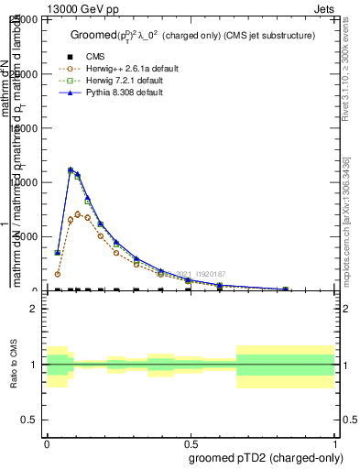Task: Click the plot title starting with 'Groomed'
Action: point(192,35)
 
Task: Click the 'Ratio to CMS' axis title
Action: point(15,365)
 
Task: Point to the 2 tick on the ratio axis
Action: point(34,310)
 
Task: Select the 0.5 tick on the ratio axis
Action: point(30,420)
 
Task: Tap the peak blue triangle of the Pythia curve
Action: point(71,169)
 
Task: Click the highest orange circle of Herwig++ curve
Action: point(78,214)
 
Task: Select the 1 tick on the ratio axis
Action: point(34,365)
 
